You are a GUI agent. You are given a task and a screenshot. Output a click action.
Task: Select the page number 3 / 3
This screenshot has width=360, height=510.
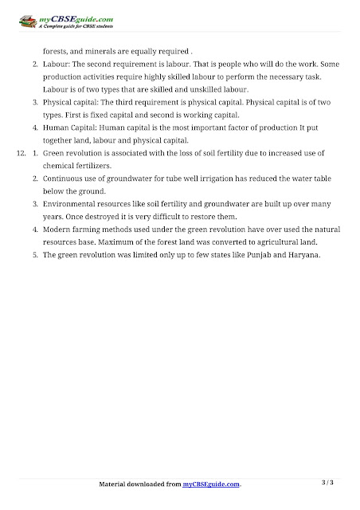(x=327, y=481)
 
